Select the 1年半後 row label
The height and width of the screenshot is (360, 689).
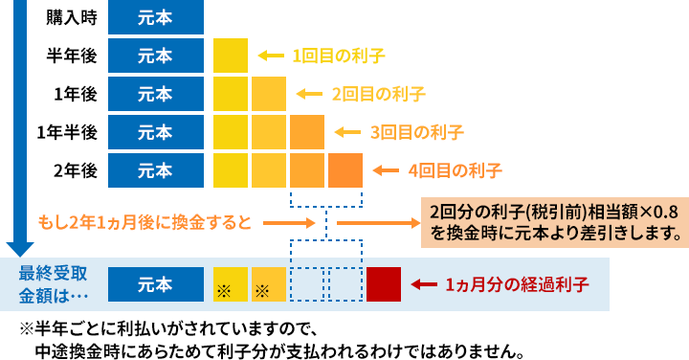tap(67, 132)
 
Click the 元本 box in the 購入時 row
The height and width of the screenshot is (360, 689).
tap(155, 18)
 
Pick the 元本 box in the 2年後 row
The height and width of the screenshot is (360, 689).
tap(155, 170)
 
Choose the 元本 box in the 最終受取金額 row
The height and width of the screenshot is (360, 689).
tap(155, 284)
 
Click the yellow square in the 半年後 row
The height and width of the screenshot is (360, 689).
tap(231, 56)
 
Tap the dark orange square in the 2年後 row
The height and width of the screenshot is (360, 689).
tap(345, 170)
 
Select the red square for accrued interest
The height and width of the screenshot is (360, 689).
tap(384, 284)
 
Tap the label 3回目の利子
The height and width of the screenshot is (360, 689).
tap(416, 132)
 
